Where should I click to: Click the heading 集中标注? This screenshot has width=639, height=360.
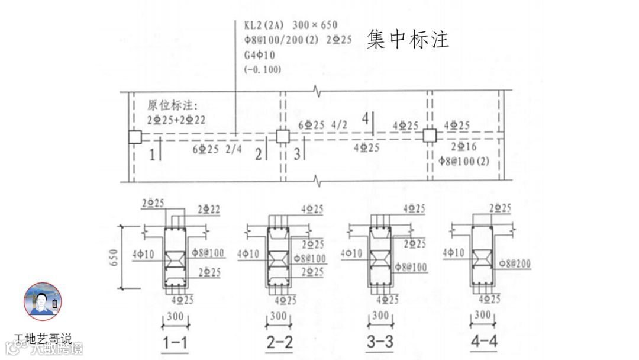point(408,39)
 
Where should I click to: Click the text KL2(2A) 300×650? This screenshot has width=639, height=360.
point(291,25)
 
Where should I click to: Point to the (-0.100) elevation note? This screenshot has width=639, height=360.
point(262,69)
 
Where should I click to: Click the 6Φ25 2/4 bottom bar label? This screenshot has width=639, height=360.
point(217,150)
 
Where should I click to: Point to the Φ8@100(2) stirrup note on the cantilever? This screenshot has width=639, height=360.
point(464,160)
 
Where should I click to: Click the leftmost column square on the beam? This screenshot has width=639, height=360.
point(135,137)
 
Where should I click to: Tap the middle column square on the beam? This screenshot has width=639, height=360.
point(283,137)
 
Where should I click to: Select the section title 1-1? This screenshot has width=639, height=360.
point(176,342)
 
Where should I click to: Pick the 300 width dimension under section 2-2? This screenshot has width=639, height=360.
point(278,316)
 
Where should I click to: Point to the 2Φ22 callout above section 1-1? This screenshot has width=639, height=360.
point(208,210)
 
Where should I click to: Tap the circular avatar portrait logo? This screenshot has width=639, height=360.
point(43,301)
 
